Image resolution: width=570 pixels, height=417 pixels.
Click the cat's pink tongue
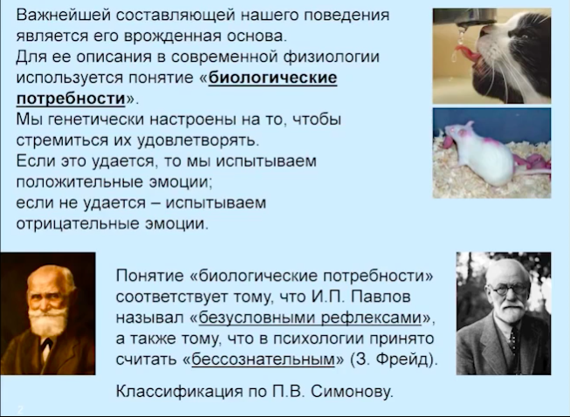467,53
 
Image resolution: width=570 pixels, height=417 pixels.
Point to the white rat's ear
468,126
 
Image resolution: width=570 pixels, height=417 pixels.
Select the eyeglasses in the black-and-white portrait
508,289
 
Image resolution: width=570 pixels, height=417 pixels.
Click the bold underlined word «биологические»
273,78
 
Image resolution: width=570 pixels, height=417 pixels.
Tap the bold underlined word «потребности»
71,99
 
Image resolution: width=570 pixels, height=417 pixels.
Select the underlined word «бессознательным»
263,359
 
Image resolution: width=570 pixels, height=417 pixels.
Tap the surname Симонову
352,391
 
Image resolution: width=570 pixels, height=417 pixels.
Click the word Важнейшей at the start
63,15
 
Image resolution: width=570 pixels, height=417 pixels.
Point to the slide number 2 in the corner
20,409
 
